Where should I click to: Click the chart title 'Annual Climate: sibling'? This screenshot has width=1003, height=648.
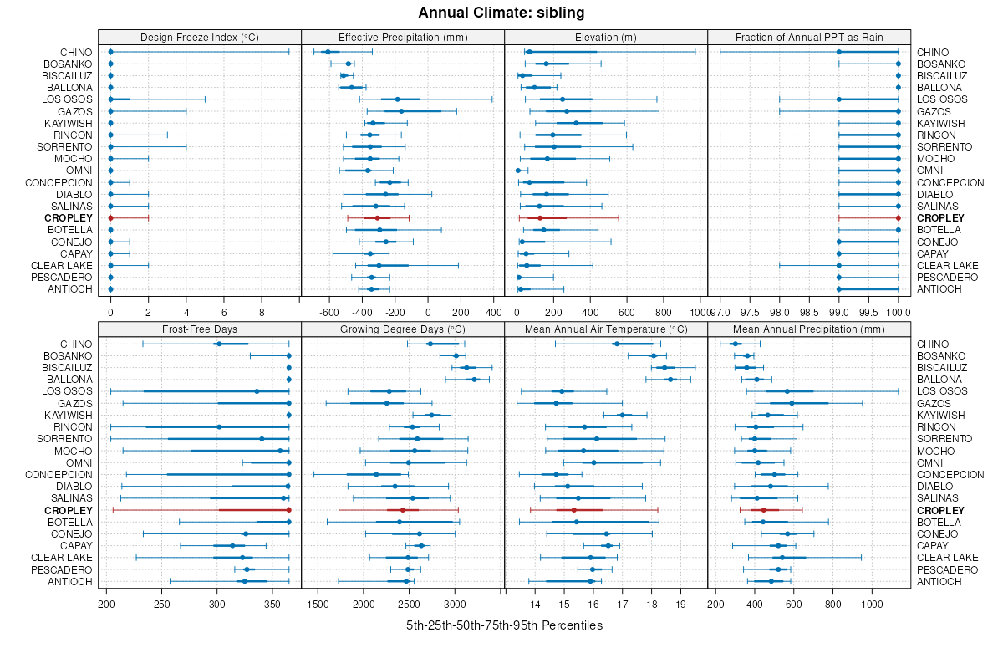501,13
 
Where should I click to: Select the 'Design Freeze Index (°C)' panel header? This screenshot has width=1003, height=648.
200,37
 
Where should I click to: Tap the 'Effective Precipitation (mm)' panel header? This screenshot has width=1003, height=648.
403,37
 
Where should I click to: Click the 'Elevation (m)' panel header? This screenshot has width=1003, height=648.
606,37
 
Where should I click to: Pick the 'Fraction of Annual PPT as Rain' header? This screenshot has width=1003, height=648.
809,37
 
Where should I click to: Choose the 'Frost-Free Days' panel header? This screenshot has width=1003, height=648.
200,329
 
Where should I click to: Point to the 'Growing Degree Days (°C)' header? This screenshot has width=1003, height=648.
403,329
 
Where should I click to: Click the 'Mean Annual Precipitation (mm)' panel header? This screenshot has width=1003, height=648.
809,329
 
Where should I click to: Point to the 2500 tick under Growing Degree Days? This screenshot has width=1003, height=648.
410,605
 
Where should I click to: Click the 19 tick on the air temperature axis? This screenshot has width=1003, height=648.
680,605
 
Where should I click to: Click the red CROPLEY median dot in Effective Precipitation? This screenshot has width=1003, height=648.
377,218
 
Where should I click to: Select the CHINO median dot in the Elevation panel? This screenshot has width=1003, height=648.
529,52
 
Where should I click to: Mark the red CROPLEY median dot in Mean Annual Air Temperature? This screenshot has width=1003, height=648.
573,510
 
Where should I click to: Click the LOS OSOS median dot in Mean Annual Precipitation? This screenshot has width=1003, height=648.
787,391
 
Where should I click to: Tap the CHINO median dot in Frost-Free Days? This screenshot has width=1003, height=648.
219,344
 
